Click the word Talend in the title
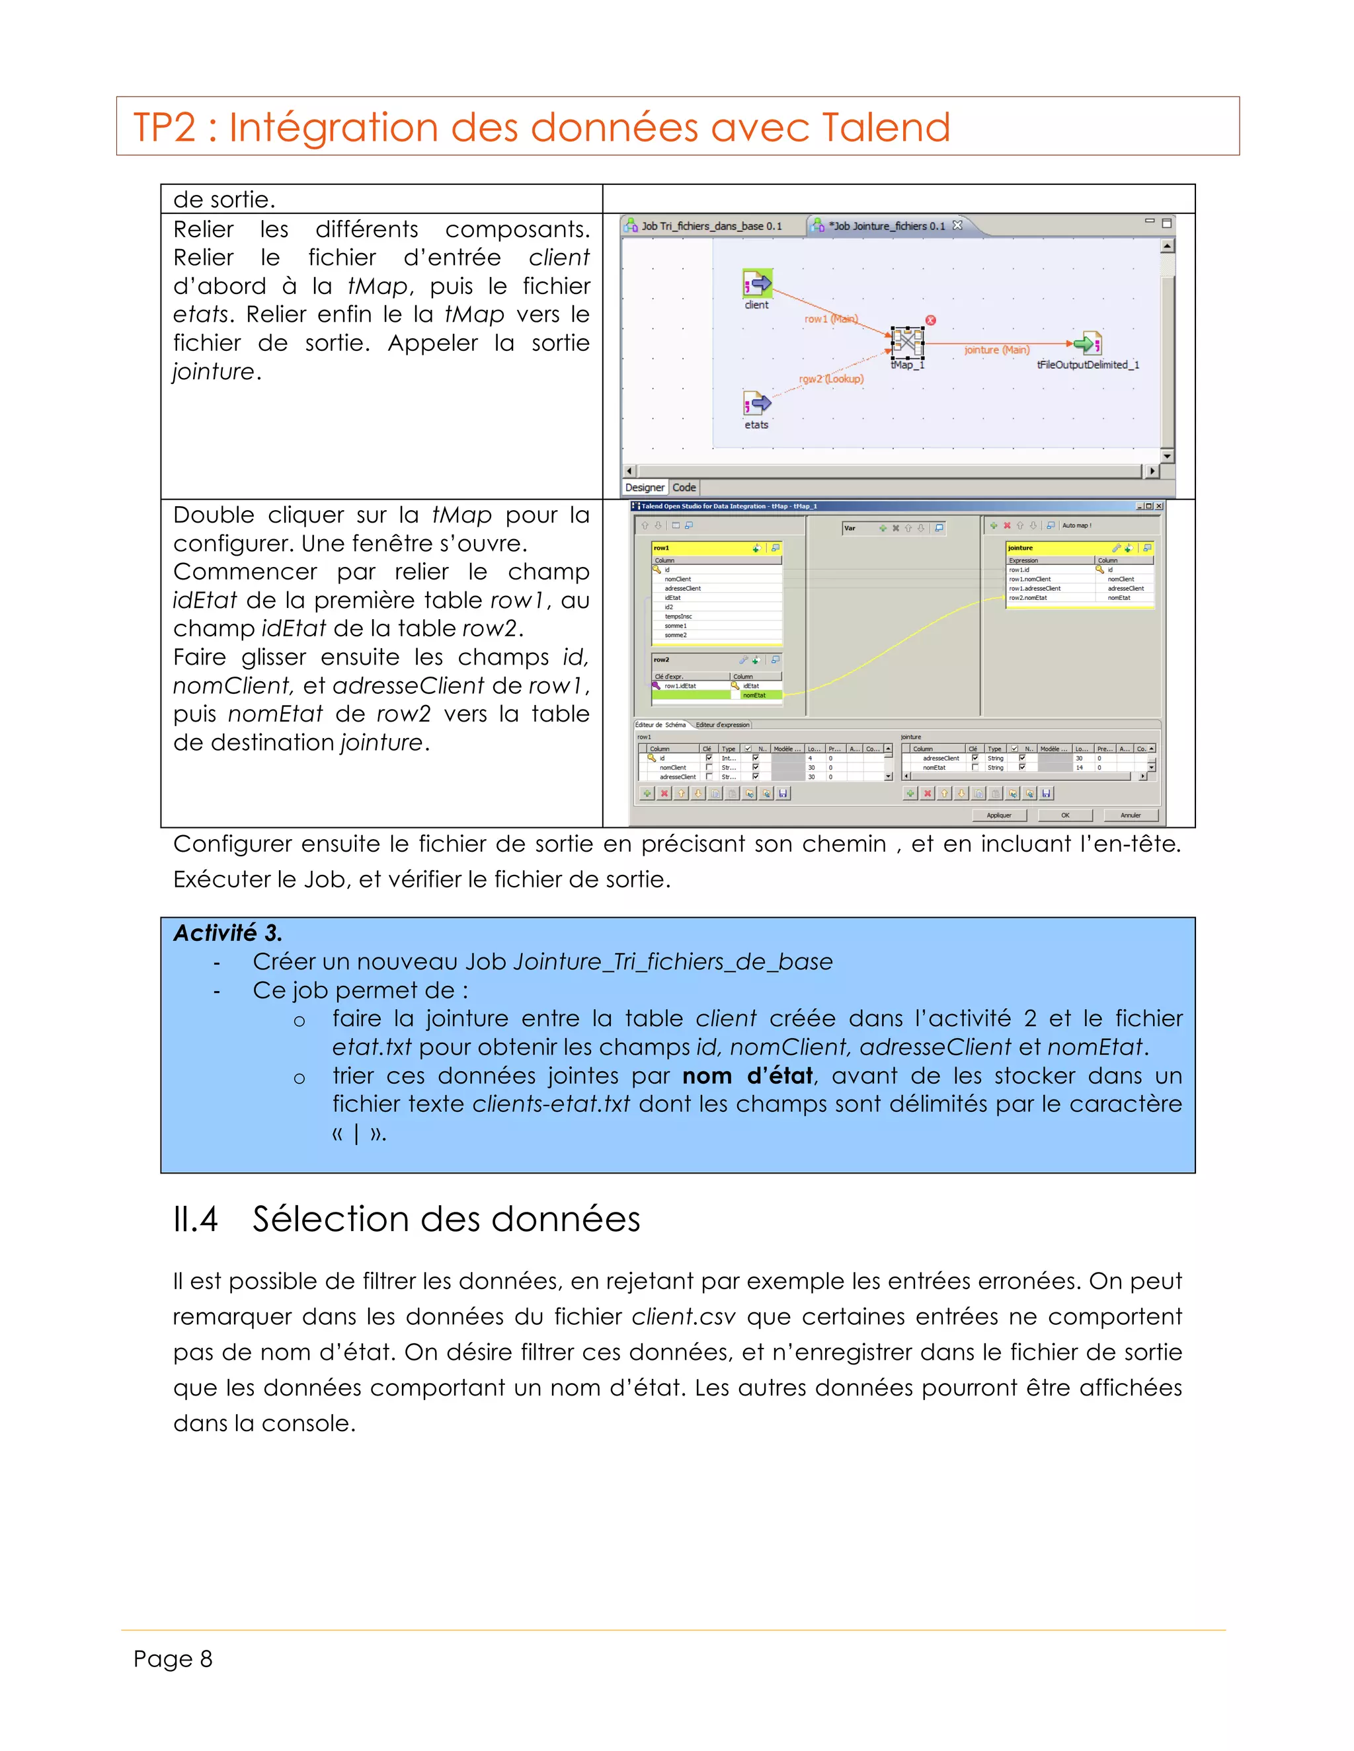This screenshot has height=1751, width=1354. (885, 128)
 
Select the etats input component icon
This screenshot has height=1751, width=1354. (756, 403)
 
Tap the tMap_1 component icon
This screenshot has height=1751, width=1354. (907, 342)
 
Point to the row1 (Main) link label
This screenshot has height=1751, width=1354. (831, 319)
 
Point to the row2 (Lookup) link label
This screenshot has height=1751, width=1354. (831, 379)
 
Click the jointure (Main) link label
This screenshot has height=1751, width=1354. (996, 350)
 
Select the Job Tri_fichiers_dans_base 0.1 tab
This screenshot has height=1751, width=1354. (711, 226)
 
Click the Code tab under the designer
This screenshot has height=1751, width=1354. (684, 488)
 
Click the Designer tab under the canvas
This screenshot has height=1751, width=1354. (644, 488)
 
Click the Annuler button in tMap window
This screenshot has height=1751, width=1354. (1130, 815)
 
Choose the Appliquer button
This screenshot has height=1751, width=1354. (999, 815)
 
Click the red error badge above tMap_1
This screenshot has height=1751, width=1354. (930, 320)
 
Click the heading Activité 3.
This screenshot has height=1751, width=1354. (228, 932)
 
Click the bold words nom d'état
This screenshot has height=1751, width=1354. (748, 1075)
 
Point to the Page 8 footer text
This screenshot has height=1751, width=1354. (173, 1658)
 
